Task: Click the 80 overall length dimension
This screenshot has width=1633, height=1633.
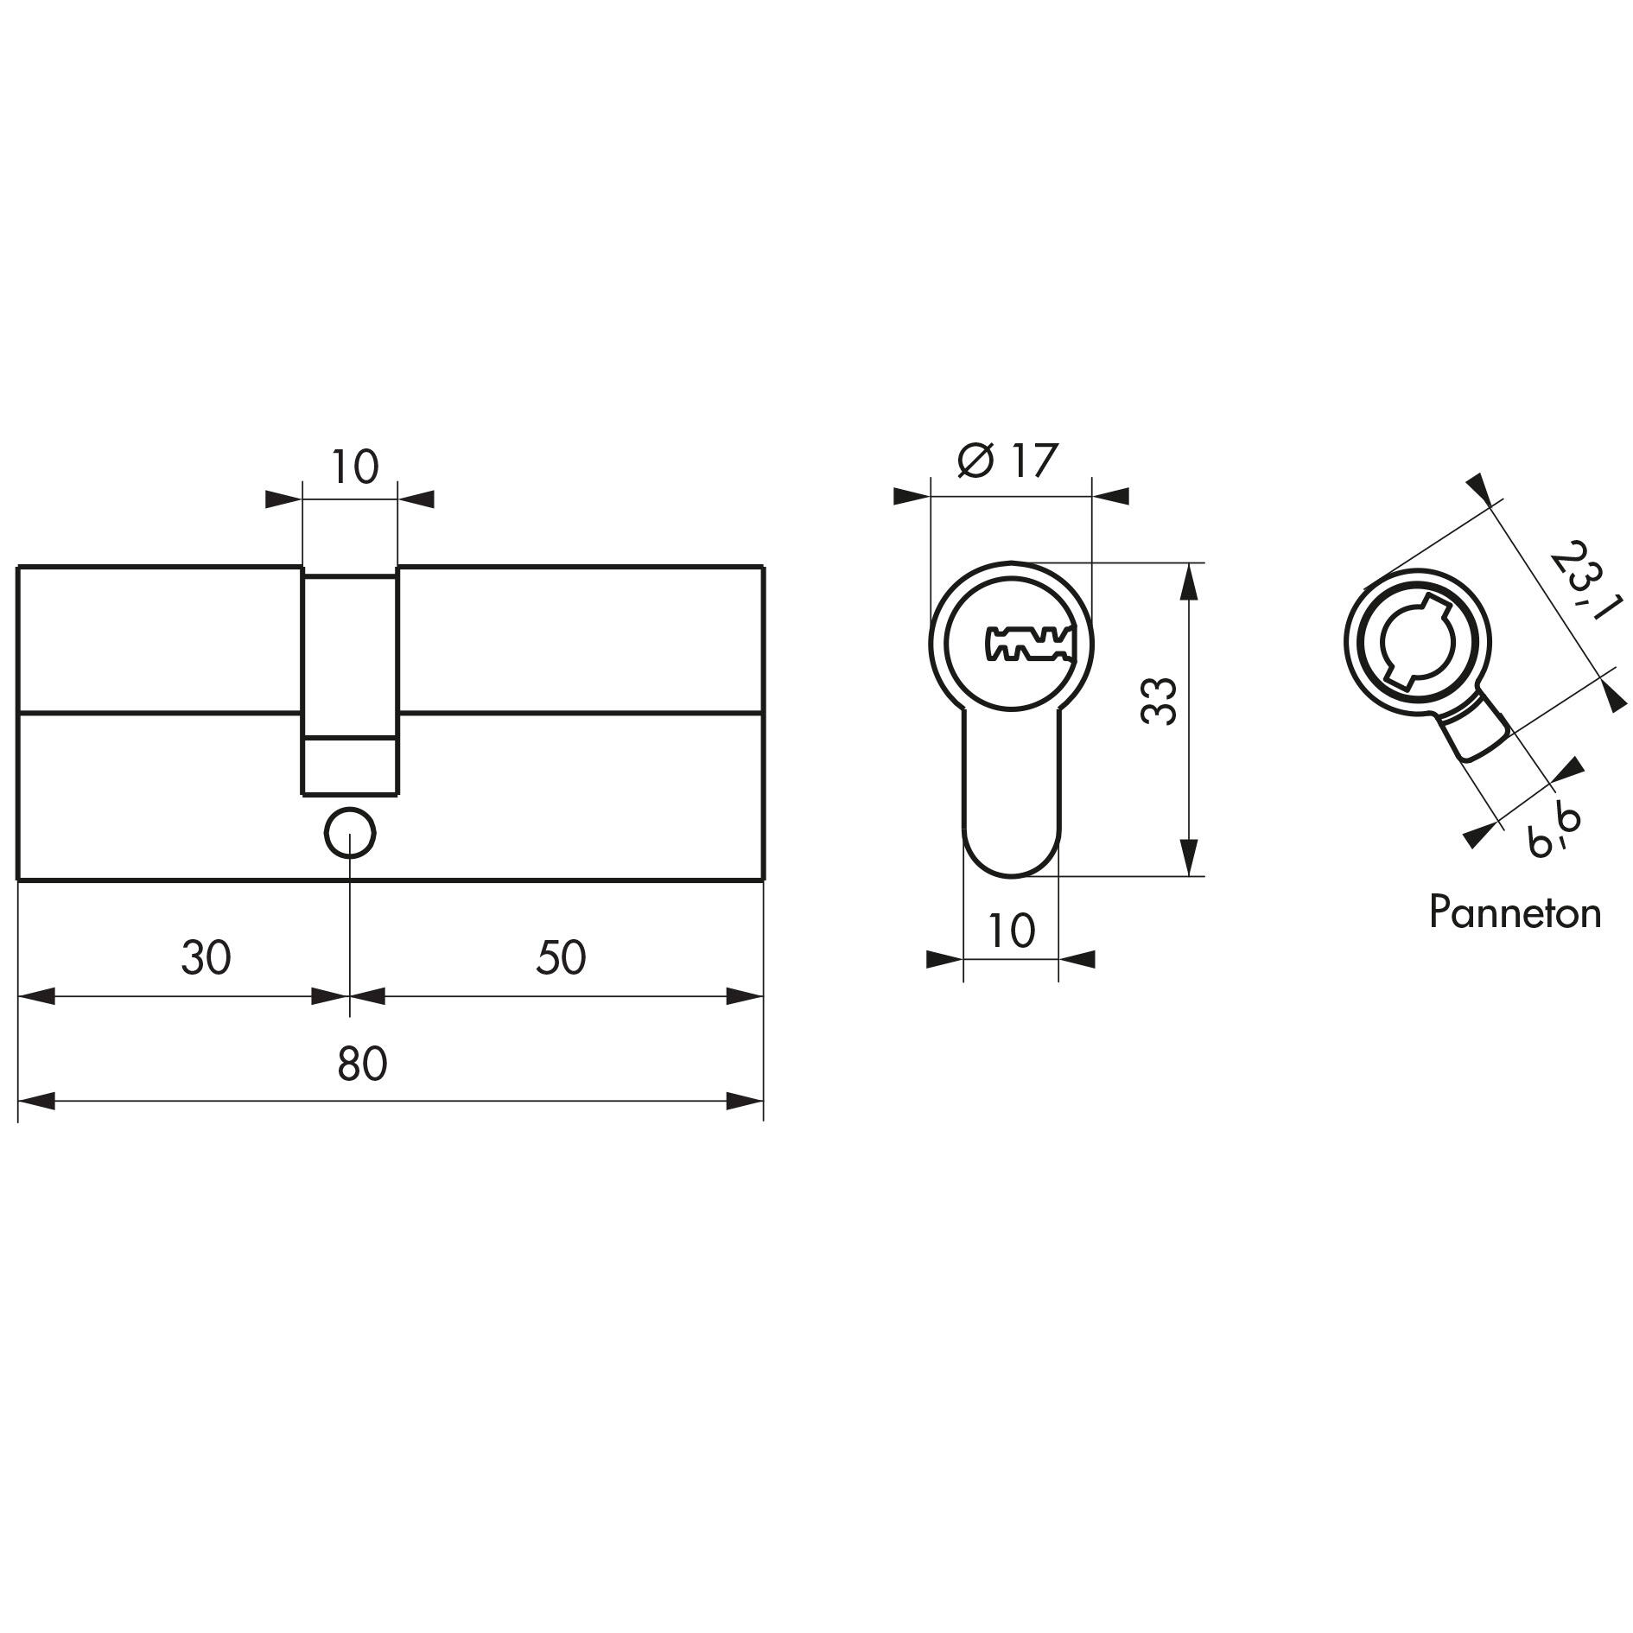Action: point(362,1064)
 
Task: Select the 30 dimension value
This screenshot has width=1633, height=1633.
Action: point(207,958)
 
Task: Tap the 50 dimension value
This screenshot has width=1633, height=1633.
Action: point(561,958)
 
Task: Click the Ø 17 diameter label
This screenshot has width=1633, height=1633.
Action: point(1007,461)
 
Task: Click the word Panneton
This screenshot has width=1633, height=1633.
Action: point(1515,913)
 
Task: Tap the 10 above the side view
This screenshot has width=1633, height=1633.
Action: point(354,467)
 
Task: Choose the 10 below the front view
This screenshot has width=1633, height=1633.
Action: point(1010,931)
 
